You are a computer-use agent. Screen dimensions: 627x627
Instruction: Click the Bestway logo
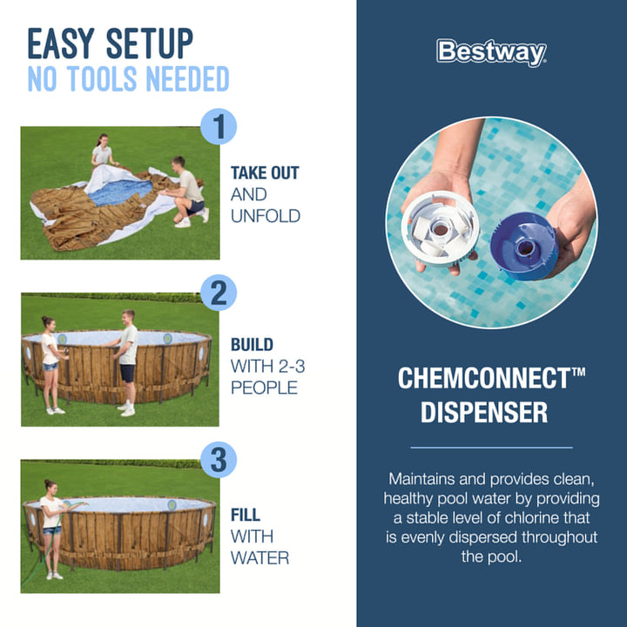tap(491, 52)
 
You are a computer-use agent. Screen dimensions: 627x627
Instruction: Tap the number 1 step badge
tap(219, 126)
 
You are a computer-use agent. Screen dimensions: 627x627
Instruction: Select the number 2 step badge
tap(219, 293)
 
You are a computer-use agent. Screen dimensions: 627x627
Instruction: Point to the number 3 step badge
tap(219, 460)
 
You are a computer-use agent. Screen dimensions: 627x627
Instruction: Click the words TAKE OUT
tap(265, 173)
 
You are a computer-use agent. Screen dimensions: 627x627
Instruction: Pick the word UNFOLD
tap(266, 216)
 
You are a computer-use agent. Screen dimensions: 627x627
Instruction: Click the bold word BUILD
tap(252, 345)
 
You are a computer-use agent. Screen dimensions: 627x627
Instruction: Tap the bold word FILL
tap(245, 515)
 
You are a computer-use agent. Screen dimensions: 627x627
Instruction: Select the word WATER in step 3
tap(260, 558)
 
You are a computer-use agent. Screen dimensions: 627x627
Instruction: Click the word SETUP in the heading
tap(150, 44)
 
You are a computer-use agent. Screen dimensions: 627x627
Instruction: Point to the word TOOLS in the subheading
tap(103, 78)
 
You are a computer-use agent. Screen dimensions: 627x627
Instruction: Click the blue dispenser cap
tap(524, 246)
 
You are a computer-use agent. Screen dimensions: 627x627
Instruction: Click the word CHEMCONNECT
tap(484, 378)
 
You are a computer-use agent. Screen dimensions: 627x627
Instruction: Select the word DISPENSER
tap(484, 412)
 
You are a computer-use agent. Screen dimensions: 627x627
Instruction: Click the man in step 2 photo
tap(126, 362)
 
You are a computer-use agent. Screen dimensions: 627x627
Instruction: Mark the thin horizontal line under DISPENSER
tap(491, 448)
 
